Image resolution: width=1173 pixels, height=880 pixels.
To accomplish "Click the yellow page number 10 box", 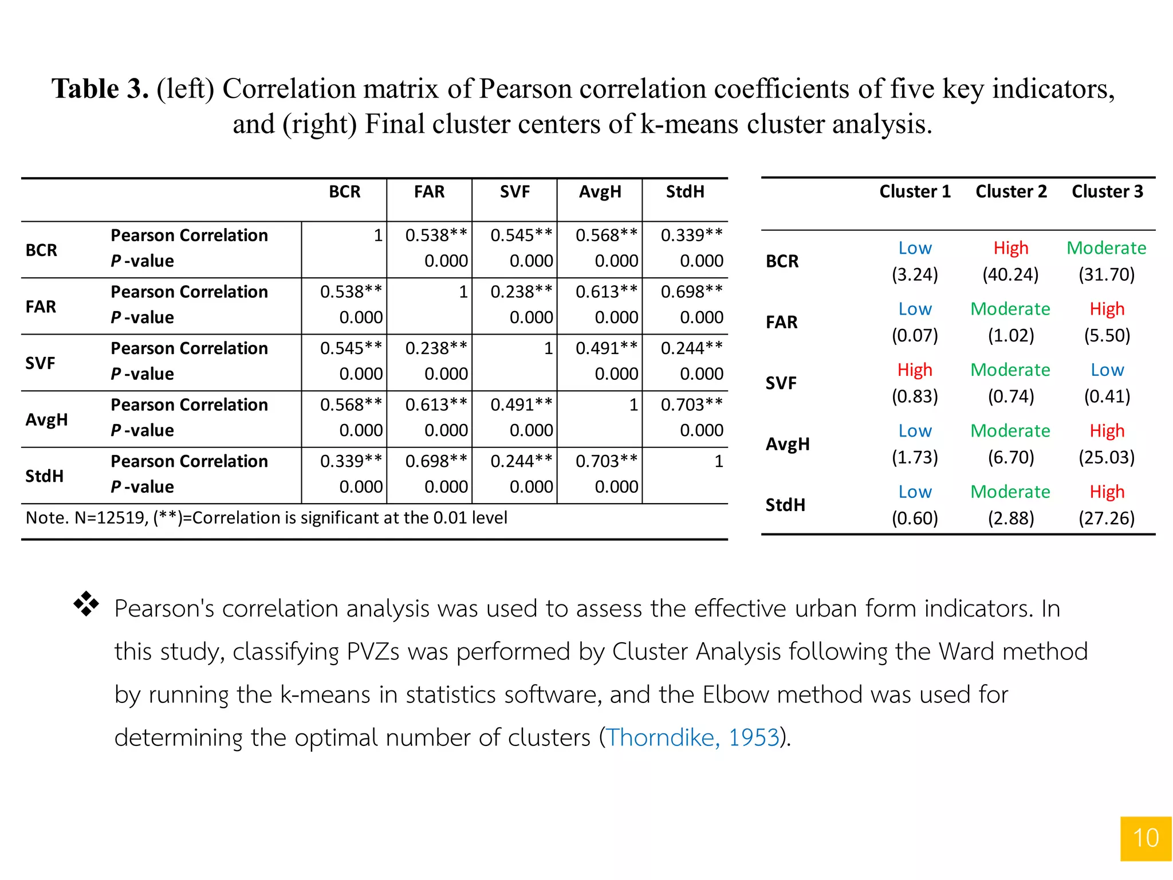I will click(x=1146, y=838).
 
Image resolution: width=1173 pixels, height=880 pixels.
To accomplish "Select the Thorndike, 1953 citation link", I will click(x=693, y=737).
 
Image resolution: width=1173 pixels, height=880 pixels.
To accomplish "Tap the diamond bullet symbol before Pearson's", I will click(x=86, y=604).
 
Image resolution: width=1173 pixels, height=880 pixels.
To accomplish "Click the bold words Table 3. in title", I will click(x=100, y=89).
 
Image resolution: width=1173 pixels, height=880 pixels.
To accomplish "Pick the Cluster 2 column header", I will click(x=1011, y=191).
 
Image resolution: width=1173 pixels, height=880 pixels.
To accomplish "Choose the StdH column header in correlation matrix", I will click(x=685, y=191).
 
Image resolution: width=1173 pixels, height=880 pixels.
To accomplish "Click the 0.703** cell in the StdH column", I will click(x=691, y=404).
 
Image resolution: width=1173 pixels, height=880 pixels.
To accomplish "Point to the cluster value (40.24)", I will click(x=1010, y=274).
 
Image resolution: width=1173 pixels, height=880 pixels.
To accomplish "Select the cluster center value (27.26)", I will click(x=1107, y=518).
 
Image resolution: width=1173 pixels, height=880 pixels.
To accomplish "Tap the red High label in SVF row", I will click(x=915, y=370).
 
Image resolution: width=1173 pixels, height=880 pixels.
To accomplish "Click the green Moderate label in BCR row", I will click(x=1106, y=247).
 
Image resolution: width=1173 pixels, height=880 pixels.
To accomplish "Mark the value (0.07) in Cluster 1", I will click(x=915, y=335).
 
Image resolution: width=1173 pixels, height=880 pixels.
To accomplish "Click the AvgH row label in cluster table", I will click(x=788, y=444).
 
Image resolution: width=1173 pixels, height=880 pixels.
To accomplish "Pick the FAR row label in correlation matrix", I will click(x=41, y=307).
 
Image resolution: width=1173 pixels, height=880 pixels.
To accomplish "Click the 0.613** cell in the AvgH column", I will click(x=606, y=292).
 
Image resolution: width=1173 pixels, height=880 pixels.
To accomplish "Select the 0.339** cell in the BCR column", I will click(x=351, y=461).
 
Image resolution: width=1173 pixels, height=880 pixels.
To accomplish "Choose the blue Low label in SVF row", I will click(x=1107, y=370).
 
